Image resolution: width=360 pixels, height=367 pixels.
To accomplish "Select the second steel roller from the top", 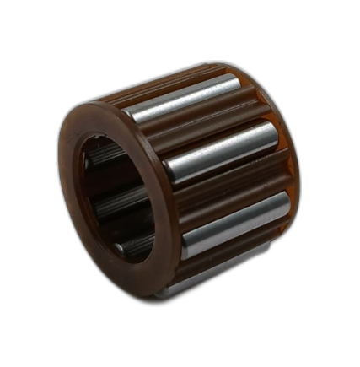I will [x=221, y=149].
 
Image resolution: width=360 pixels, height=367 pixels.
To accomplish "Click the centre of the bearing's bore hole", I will [x=114, y=199].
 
